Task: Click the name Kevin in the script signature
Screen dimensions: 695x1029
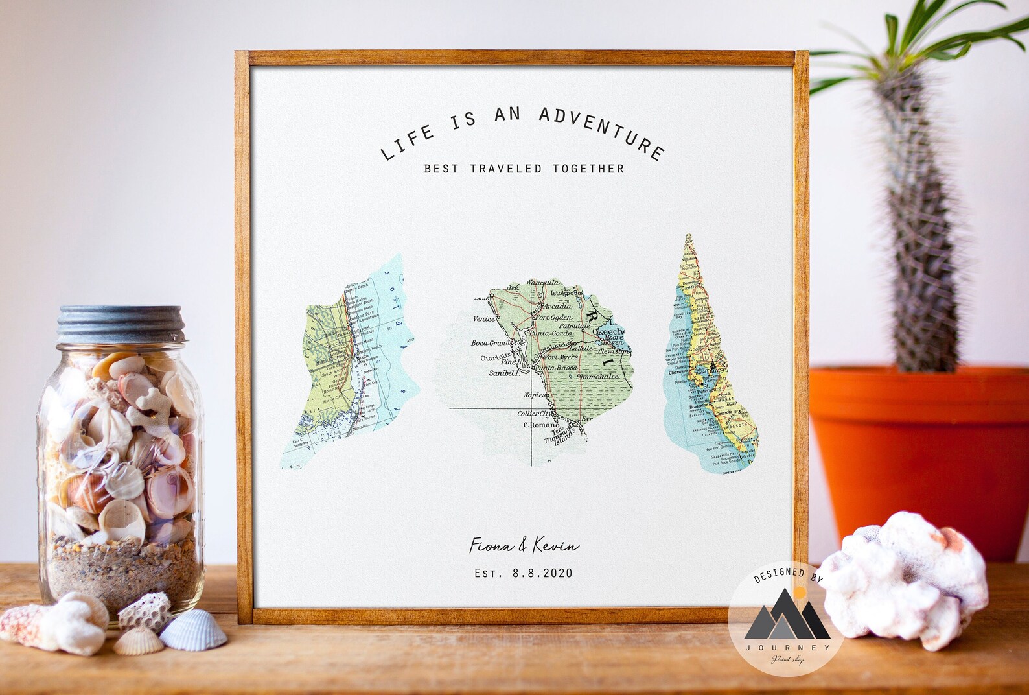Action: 555,547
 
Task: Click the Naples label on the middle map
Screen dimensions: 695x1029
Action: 535,395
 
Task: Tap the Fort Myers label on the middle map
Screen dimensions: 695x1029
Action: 559,357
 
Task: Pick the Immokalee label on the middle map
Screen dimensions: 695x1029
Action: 599,377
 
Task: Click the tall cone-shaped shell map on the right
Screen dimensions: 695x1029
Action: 712,363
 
